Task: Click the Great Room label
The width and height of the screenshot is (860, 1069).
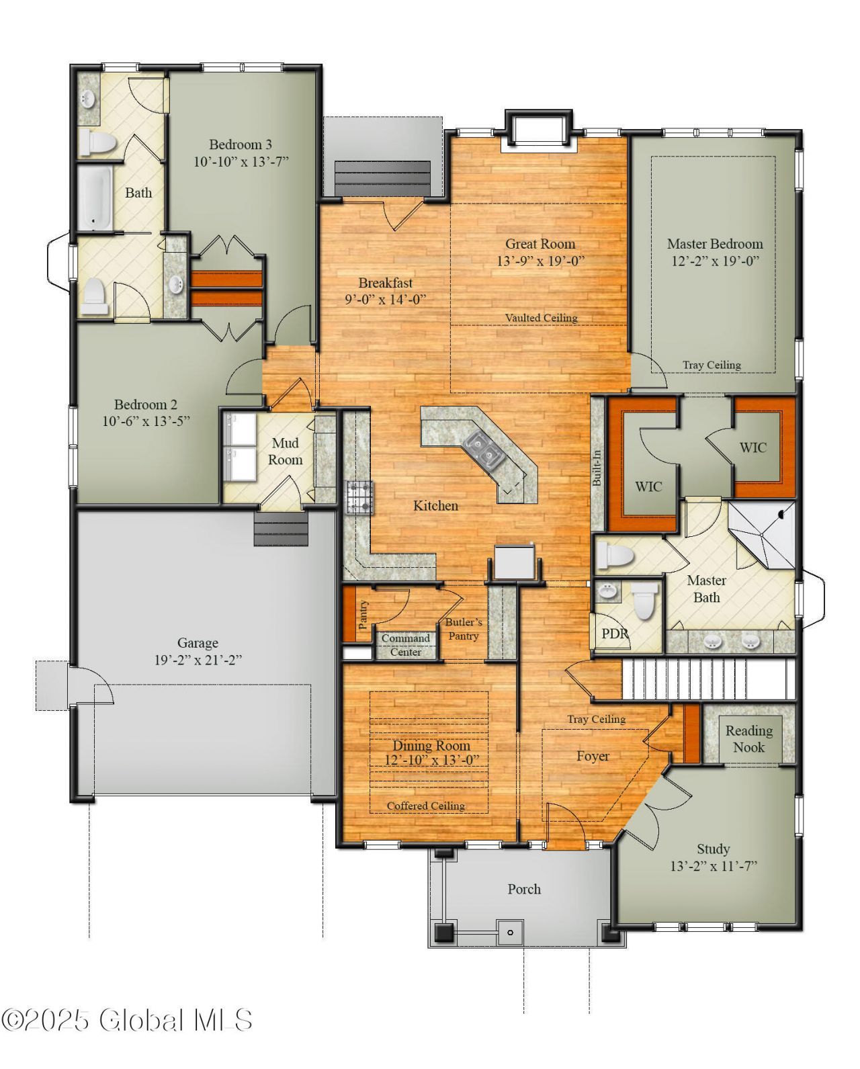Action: click(540, 244)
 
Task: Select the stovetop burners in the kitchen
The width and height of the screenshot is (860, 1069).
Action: click(360, 498)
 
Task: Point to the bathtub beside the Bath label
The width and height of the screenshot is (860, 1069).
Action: click(95, 198)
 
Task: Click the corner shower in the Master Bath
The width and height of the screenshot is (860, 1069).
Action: click(762, 535)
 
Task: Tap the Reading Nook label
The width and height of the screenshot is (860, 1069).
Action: click(748, 738)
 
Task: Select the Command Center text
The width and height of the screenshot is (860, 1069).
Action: click(405, 645)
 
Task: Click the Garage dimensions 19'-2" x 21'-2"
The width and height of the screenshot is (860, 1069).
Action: click(198, 660)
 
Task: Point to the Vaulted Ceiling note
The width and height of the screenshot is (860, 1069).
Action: click(541, 317)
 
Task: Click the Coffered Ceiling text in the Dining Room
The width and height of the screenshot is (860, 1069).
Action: click(426, 806)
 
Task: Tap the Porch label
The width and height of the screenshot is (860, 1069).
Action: click(524, 889)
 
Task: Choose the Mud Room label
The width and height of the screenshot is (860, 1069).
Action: click(285, 451)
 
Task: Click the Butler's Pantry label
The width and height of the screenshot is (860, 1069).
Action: click(463, 629)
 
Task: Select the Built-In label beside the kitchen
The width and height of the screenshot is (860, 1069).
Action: click(597, 468)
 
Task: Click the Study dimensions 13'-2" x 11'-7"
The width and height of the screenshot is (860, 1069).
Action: click(714, 866)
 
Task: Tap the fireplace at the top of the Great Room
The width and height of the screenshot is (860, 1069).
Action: click(539, 128)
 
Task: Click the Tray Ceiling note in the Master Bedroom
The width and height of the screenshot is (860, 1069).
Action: click(712, 365)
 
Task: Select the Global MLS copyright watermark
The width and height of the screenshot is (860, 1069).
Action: click(127, 1021)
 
